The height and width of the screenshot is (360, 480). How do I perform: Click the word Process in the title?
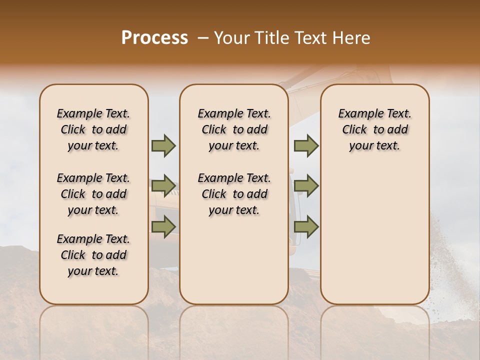[154, 38]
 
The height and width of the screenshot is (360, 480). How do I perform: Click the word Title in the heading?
[269, 38]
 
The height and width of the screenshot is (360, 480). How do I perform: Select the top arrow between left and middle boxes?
[163, 146]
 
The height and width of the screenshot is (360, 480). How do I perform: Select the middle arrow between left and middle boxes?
[163, 186]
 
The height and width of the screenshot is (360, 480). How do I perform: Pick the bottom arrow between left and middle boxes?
[163, 226]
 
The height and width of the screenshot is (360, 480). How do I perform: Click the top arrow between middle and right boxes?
[306, 146]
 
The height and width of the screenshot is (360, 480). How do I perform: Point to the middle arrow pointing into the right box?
[306, 186]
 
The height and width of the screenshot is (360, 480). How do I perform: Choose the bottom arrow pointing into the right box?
[306, 226]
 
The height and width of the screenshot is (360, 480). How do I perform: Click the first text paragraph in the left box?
[93, 129]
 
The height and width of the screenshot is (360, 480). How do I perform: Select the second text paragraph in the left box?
[93, 194]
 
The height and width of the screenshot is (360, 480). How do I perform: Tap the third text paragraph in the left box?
[93, 255]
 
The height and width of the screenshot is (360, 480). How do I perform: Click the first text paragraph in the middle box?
[234, 129]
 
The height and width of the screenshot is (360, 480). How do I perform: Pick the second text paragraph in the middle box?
[234, 194]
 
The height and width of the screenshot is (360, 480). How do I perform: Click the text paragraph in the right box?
[374, 129]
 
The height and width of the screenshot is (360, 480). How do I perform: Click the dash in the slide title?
[203, 38]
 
